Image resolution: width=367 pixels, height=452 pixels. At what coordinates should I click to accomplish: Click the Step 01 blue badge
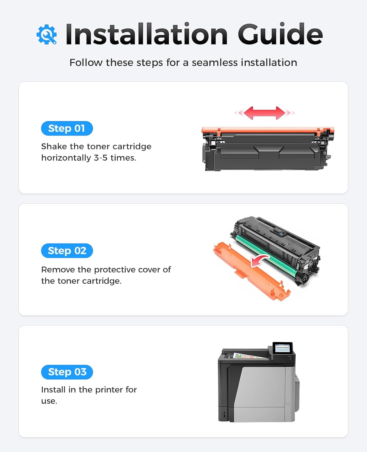tap(67, 128)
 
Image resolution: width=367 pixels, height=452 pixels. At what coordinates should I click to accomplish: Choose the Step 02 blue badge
tap(67, 251)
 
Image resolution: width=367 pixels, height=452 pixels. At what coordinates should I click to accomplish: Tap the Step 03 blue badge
tap(67, 372)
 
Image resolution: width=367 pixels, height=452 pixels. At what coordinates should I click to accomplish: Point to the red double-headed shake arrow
tap(264, 113)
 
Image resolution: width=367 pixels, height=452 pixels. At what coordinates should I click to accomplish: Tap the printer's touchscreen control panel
tap(282, 348)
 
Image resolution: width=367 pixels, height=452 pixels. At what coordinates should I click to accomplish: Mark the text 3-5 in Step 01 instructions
tap(101, 158)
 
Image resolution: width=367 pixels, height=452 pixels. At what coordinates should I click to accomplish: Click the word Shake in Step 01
tap(54, 146)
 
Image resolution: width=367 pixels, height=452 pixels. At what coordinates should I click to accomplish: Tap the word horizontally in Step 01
tap(66, 158)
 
